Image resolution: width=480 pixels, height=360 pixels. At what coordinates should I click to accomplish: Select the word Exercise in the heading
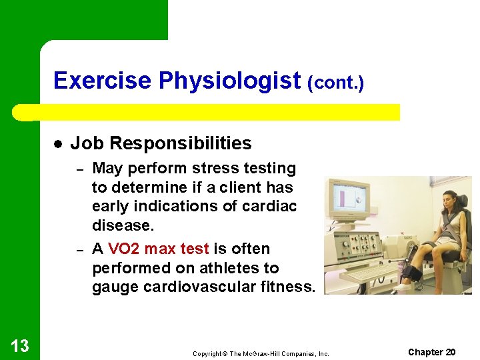coord(103,81)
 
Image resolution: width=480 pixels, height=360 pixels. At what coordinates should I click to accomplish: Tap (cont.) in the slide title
coord(335,83)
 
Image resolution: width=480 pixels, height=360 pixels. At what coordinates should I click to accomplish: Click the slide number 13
coord(20,345)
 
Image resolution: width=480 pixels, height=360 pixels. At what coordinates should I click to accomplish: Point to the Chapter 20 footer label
coord(431,352)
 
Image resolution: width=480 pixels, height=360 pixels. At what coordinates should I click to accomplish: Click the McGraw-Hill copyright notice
coord(261,353)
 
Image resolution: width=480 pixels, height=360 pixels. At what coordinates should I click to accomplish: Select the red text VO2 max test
coord(158,249)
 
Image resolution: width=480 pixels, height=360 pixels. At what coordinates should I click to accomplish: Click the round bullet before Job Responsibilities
coord(58,144)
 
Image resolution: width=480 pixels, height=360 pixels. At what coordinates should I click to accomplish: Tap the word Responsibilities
coord(181,143)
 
